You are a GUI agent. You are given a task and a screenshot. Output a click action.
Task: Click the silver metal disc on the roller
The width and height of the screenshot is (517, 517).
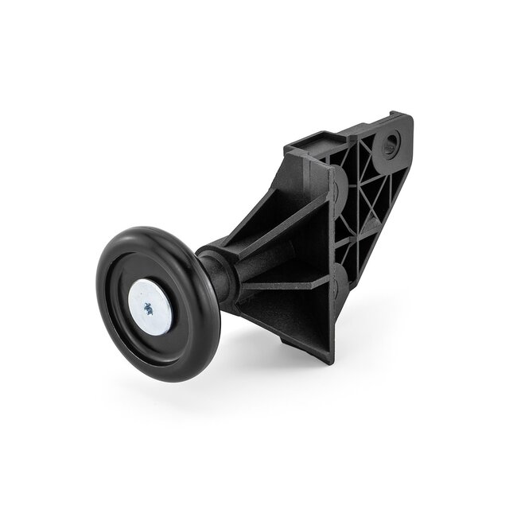click(x=150, y=306)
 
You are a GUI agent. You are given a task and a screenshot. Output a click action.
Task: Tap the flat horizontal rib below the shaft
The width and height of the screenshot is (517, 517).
click(x=286, y=282)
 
